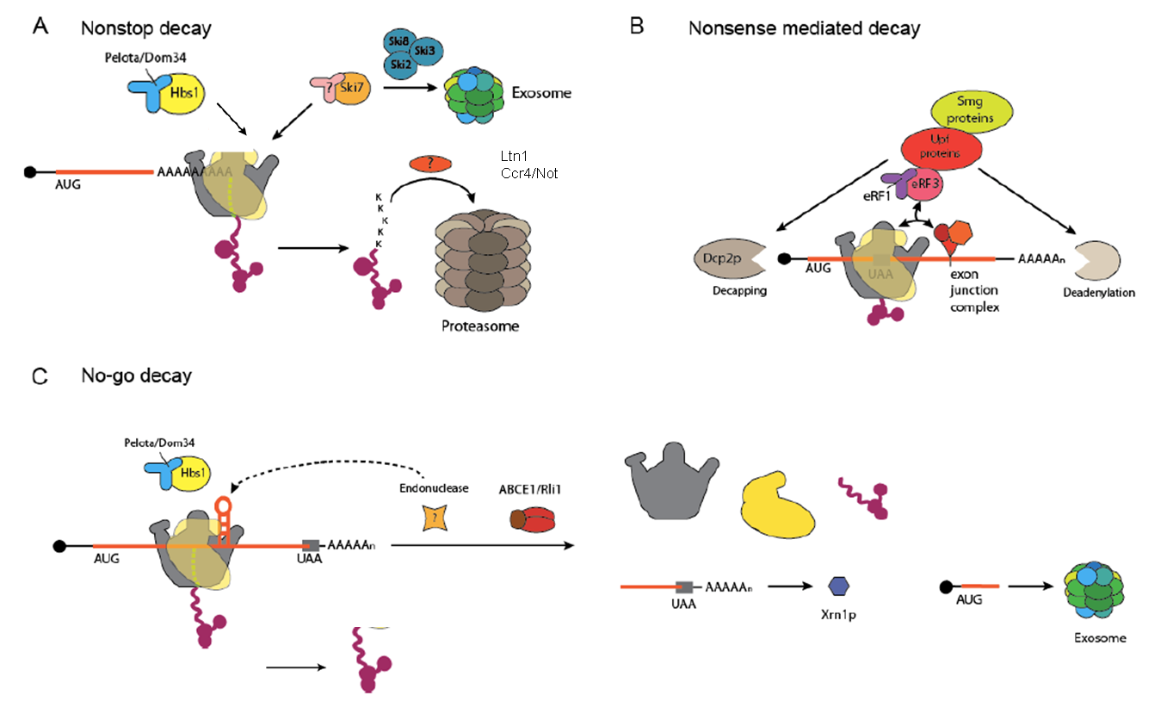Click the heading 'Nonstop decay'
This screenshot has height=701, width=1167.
pyautogui.click(x=145, y=28)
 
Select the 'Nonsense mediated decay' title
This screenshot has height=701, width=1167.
pyautogui.click(x=804, y=28)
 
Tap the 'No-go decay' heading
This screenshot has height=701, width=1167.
pyautogui.click(x=137, y=375)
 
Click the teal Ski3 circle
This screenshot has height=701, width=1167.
pyautogui.click(x=425, y=53)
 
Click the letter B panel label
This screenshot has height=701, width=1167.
pyautogui.click(x=637, y=27)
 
